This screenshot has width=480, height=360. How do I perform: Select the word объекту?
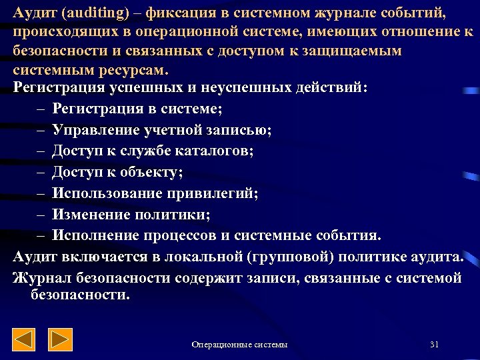(150, 173)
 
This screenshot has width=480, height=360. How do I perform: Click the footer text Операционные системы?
(239, 345)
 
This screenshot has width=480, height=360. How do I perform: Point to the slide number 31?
(435, 344)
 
